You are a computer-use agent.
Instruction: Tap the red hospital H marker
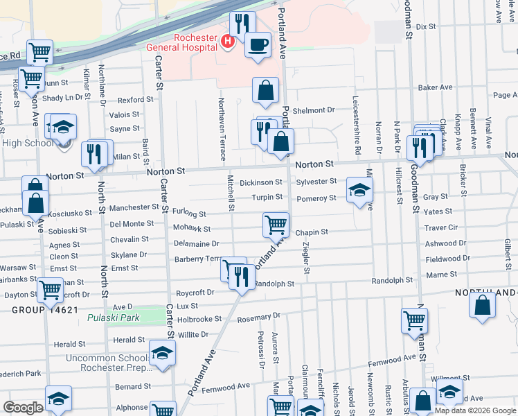(x=226, y=43)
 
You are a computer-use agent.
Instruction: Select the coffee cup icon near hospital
(x=258, y=46)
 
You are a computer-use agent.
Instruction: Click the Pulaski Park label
(x=114, y=318)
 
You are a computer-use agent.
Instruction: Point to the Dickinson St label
(x=260, y=182)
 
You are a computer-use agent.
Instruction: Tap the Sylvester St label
(x=316, y=182)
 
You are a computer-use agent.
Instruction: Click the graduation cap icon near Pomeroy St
(x=359, y=191)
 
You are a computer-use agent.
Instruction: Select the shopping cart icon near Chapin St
(x=276, y=225)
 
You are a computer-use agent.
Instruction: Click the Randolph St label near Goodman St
(x=392, y=280)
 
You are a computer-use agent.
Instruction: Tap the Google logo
(x=23, y=408)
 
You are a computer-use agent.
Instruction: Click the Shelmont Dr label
(x=313, y=110)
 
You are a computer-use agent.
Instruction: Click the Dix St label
(x=426, y=26)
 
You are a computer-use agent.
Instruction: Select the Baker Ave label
(x=435, y=88)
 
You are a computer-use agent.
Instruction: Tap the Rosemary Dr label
(x=258, y=316)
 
